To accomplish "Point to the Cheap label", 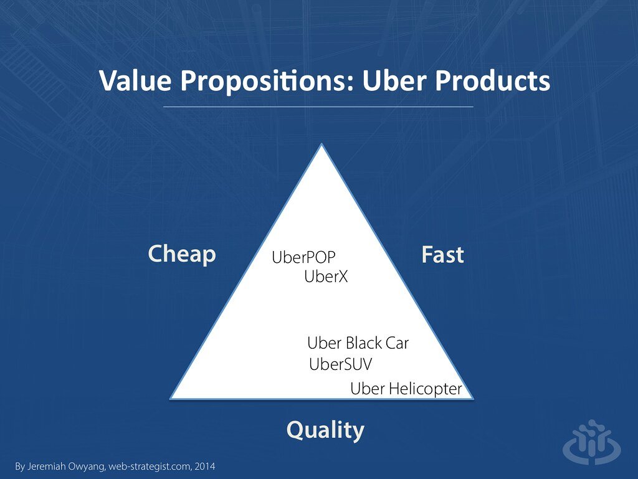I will (181, 254).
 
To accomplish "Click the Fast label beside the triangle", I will (442, 255).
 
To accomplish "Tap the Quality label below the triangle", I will (325, 430).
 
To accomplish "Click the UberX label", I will (326, 277).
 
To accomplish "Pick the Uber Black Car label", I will (358, 343).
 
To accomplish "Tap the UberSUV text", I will (340, 364).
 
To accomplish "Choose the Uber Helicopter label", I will (406, 389).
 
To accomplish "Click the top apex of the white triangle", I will (321, 146).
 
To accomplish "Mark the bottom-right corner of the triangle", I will (472, 397).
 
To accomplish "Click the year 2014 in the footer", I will (205, 466).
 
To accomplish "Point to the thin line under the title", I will (318, 107).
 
